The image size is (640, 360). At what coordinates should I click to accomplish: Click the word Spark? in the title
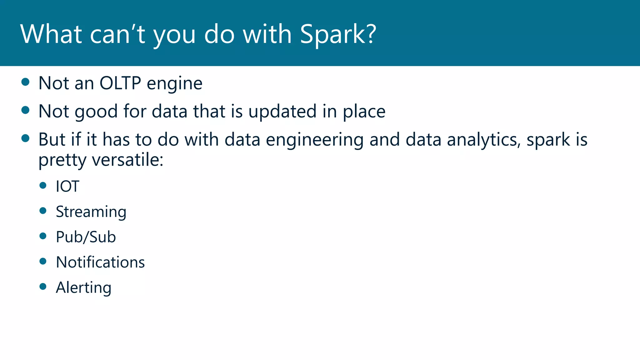point(338,34)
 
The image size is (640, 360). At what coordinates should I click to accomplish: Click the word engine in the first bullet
point(174,84)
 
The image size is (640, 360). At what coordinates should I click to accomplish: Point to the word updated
point(282,111)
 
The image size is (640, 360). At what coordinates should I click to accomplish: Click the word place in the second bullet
point(364,112)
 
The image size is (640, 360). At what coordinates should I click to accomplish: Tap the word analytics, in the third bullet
point(484,140)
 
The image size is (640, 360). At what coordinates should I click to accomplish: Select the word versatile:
point(127,160)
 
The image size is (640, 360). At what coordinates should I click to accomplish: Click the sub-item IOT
point(67,186)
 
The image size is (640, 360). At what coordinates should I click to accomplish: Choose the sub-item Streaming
point(91,212)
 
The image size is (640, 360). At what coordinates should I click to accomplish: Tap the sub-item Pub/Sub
point(86,237)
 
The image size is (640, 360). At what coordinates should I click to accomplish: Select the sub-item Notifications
point(100,262)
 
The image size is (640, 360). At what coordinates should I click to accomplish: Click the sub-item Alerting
point(83,287)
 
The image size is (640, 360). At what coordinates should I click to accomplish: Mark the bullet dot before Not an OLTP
point(25,82)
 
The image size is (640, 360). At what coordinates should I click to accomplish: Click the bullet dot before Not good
point(25,110)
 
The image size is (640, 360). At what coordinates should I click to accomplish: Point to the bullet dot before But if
point(25,138)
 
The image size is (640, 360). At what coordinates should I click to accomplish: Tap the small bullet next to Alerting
point(43,286)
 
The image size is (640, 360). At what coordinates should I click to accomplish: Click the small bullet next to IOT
point(43,185)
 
